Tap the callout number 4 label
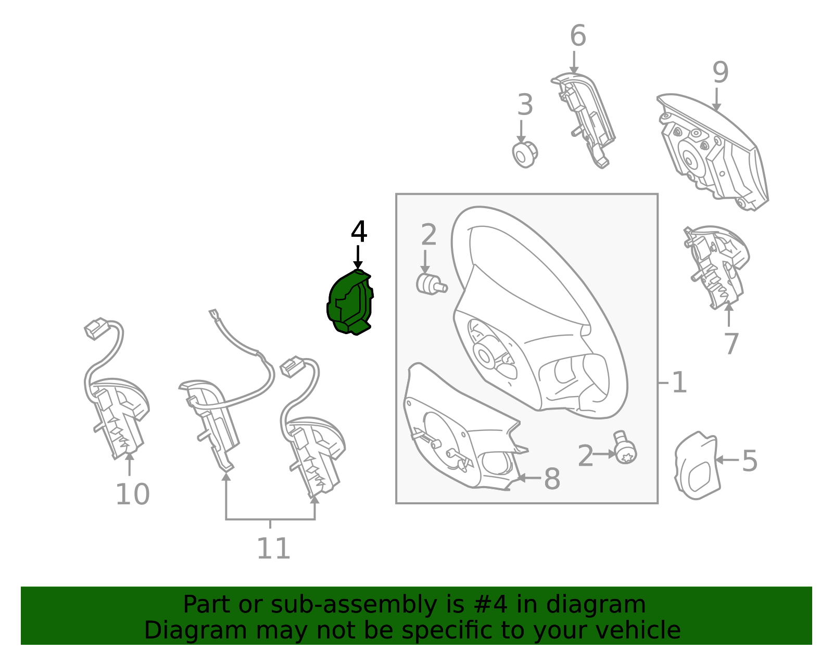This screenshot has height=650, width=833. pos(359,232)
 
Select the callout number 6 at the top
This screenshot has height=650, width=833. pos(578,35)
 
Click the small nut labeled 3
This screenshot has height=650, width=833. pos(525,155)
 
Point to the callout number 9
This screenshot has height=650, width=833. pos(721,72)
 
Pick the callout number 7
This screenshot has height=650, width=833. pos(731,343)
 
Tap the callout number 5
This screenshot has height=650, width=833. pos(750,461)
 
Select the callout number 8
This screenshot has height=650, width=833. pos(552,479)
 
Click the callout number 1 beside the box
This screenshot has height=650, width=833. pos(679,383)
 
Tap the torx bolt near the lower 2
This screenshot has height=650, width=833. pos(625,449)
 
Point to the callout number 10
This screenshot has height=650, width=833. pos(133,494)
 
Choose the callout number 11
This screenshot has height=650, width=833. pos(273,549)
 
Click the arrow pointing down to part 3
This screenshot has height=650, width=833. pos(521,131)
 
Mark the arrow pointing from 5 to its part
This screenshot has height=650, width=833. pos(727,460)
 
